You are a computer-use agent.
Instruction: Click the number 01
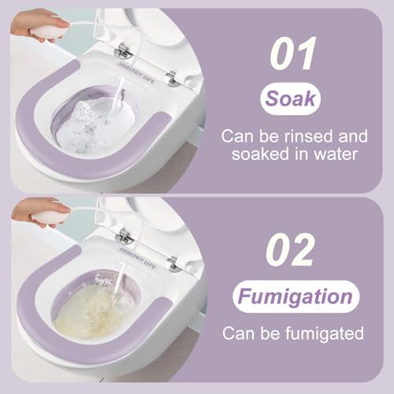[294, 53]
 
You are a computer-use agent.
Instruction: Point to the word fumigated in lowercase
[325, 334]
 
